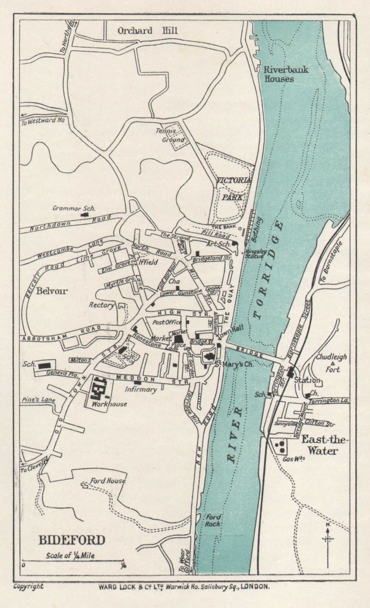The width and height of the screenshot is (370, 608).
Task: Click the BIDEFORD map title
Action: tap(71, 540)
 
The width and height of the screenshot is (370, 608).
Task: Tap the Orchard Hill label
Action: tap(147, 31)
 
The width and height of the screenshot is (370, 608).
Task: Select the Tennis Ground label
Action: tap(171, 135)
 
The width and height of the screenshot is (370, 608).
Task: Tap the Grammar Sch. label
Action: tap(74, 208)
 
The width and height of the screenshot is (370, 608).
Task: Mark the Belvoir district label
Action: tap(52, 291)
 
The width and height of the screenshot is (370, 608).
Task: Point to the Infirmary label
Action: tap(141, 389)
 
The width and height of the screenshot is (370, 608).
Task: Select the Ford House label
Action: tap(108, 481)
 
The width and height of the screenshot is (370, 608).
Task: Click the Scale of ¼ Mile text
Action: tap(70, 556)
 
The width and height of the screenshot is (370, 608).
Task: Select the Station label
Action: tap(307, 380)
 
